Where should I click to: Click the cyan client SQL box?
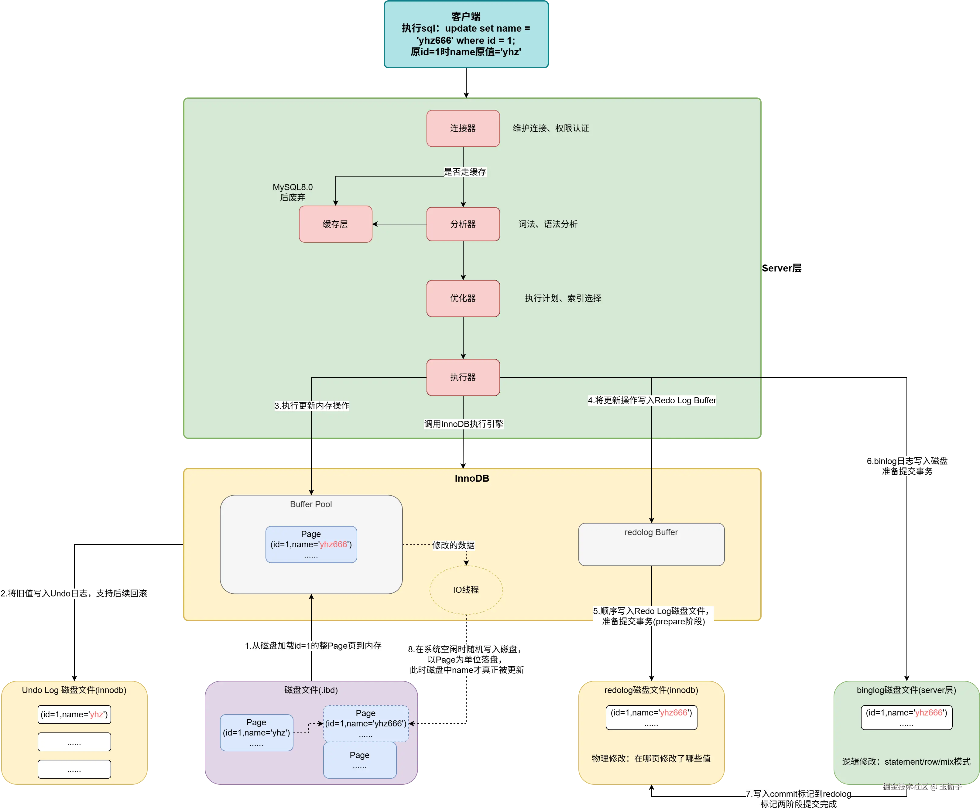[x=466, y=35]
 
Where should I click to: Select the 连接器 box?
[x=463, y=128]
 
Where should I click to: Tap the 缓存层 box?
[x=335, y=224]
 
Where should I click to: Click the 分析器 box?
[x=463, y=224]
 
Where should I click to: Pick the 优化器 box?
[x=463, y=298]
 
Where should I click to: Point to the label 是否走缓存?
[x=465, y=172]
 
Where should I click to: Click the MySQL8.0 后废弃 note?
[x=293, y=192]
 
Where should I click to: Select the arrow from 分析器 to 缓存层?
[x=399, y=224]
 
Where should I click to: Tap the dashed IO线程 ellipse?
[x=466, y=589]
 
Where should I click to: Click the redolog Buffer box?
[x=651, y=544]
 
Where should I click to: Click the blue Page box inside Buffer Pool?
[x=311, y=544]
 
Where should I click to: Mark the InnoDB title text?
[x=472, y=478]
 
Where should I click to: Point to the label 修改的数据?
[x=453, y=545]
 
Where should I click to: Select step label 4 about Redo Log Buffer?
[x=652, y=400]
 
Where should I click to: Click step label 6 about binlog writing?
[x=906, y=466]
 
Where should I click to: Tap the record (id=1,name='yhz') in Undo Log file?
[x=74, y=714]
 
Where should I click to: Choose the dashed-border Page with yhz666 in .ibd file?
[x=365, y=724]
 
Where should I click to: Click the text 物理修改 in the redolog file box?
[x=651, y=758]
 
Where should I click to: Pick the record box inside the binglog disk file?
[x=906, y=717]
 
